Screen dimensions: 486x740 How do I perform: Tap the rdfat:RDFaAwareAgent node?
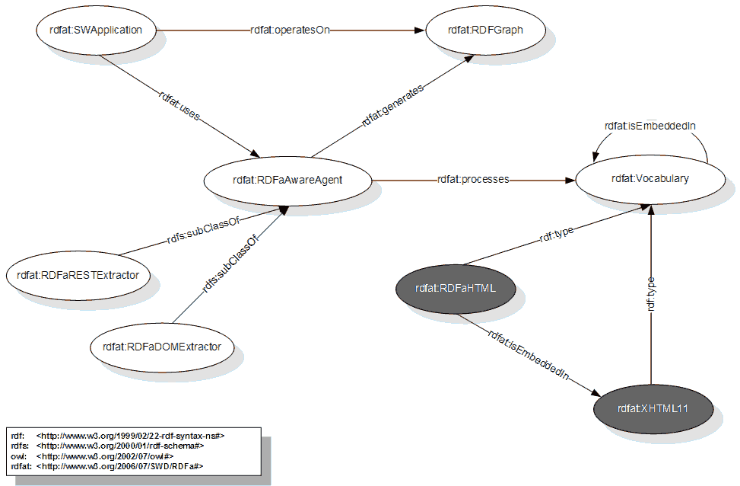point(287,180)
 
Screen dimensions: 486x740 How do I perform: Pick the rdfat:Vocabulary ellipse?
point(649,179)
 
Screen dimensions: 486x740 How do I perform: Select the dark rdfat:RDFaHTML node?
point(456,288)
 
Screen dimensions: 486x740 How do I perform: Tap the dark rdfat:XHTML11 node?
point(653,408)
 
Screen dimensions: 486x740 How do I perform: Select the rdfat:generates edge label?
point(392,104)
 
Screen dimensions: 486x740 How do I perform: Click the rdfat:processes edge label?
point(472,180)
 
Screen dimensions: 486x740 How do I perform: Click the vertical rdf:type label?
point(651,293)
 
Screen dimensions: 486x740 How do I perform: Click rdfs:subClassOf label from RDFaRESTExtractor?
point(198,232)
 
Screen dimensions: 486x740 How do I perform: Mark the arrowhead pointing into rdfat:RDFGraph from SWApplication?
point(419,30)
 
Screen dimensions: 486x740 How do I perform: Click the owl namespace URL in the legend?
point(105,456)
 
